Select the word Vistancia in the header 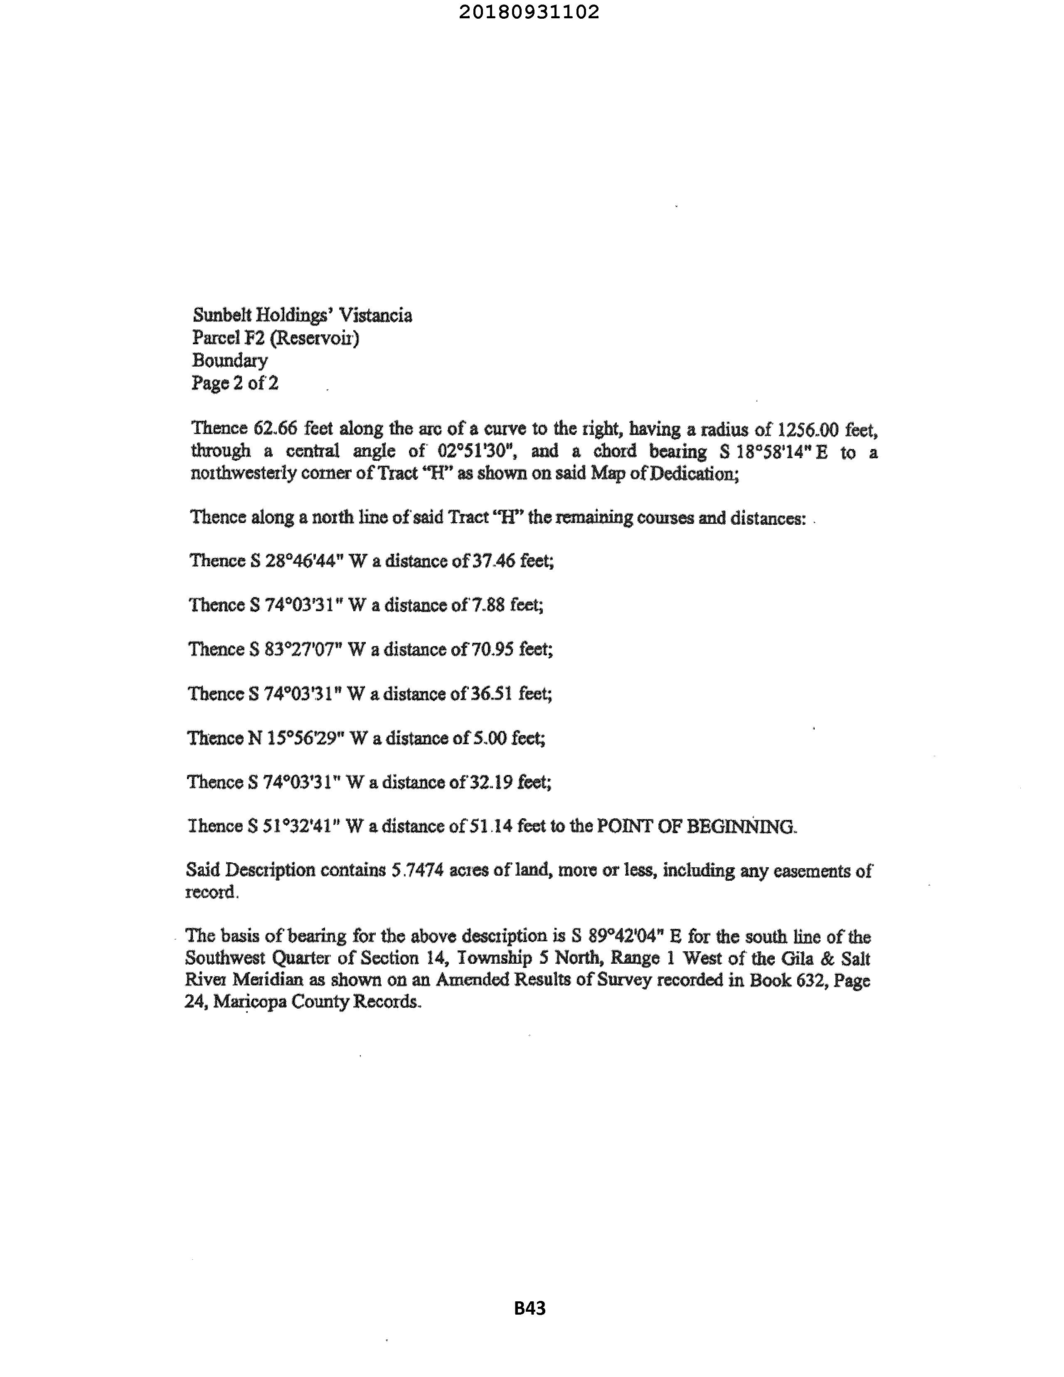point(376,315)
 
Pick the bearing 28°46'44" point(303,561)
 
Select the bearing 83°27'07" point(303,649)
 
